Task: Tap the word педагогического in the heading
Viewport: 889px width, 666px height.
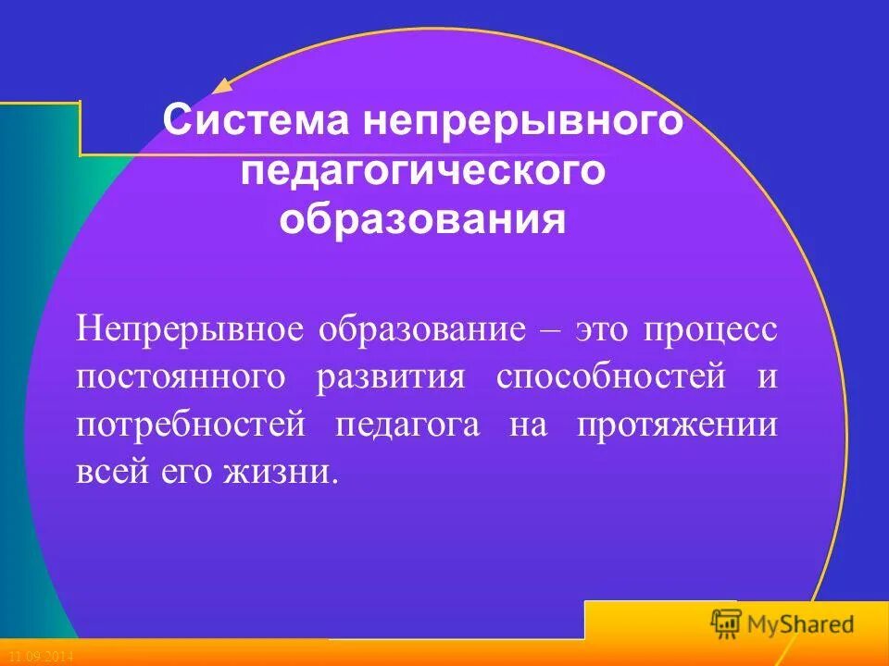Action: (x=423, y=173)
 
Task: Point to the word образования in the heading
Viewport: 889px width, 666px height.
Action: (x=423, y=223)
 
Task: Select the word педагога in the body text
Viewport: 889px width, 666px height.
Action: (x=407, y=425)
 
